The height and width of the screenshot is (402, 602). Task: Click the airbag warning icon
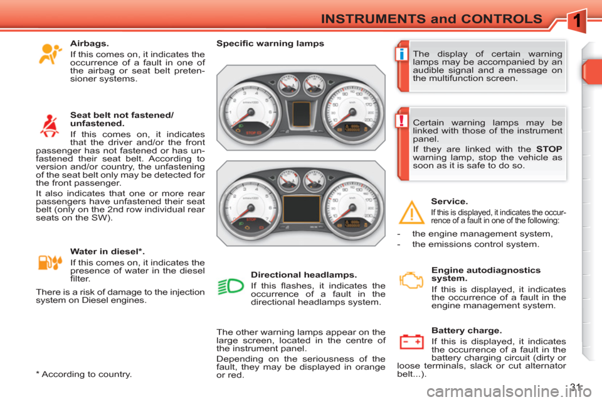50,54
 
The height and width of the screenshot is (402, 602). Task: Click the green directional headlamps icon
231,288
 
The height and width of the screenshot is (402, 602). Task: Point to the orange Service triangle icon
412,214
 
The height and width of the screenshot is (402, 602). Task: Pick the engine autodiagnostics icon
411,279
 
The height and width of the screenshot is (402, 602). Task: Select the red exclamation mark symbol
400,121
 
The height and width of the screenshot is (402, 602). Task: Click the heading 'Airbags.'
90,44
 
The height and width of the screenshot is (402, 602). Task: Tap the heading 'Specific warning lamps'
270,44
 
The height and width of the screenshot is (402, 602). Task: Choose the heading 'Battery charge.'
467,330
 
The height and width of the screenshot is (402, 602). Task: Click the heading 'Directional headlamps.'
304,275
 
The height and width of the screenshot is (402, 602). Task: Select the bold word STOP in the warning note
549,149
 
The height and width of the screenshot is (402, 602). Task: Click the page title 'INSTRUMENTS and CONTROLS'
431,19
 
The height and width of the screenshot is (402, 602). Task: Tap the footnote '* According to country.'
84,374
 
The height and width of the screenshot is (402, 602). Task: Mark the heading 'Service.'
450,202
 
